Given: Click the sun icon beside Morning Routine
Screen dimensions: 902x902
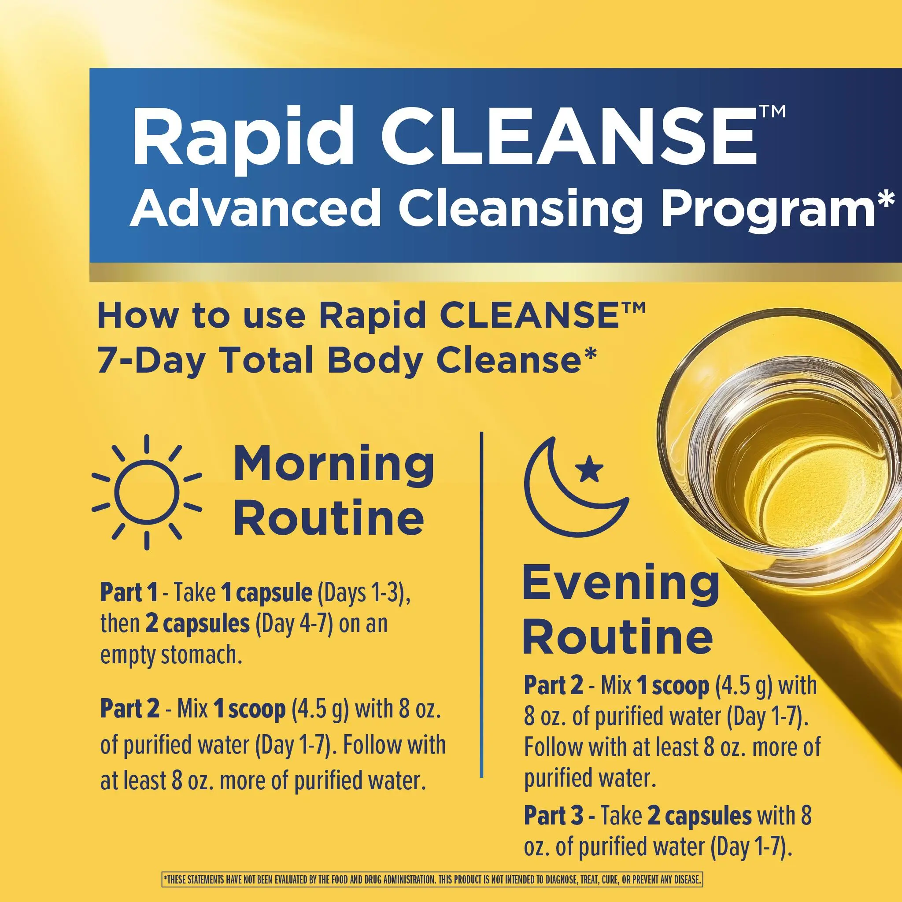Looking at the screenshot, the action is click(x=147, y=492).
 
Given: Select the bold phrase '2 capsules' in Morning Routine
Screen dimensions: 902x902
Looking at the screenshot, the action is click(x=197, y=624).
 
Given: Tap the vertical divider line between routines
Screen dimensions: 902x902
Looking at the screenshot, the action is click(x=481, y=605).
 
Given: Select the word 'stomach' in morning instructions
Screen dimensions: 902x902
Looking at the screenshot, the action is click(x=202, y=655).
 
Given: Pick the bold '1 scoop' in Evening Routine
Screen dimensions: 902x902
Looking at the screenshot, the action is click(x=674, y=685).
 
